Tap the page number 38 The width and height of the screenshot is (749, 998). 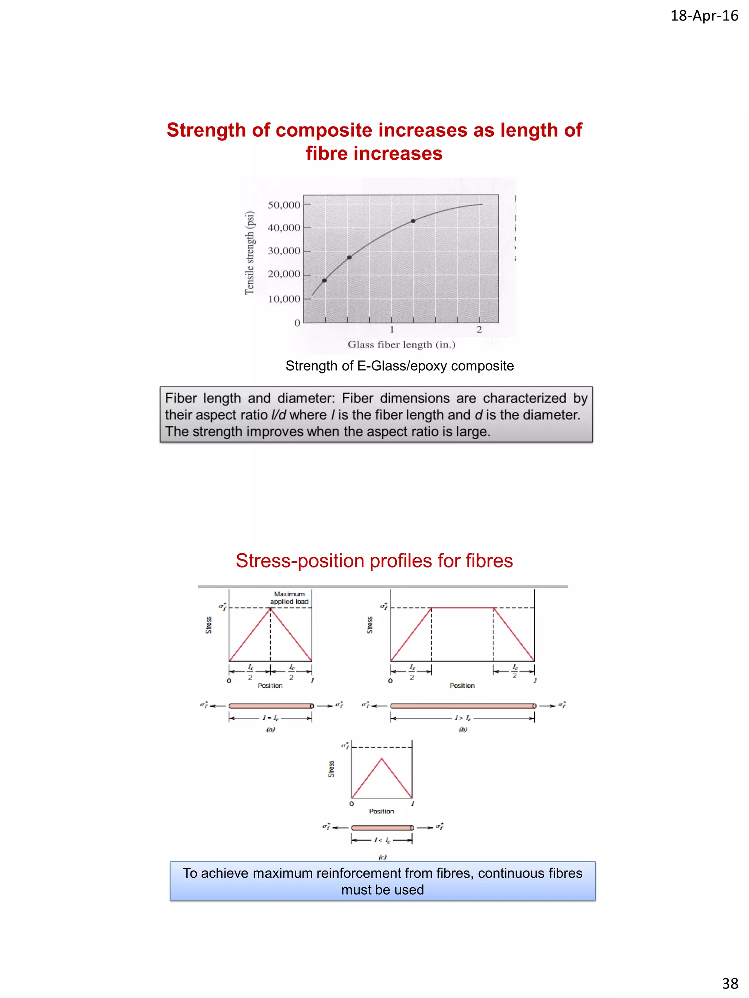(730, 983)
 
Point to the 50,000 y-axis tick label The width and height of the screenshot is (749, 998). (283, 205)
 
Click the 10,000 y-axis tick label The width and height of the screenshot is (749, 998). (283, 299)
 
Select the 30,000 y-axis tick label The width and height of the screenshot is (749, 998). (283, 251)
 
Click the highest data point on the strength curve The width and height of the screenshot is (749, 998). (413, 221)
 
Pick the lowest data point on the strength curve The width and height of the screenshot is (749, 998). (324, 281)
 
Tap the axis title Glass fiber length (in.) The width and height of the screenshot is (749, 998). (401, 345)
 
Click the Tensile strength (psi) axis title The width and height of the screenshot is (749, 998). (250, 253)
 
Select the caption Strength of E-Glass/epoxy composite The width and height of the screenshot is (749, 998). (400, 366)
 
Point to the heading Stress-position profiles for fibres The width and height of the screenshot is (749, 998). (374, 561)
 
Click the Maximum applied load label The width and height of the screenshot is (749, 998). (289, 598)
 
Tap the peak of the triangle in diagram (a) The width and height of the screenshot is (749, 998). (270, 608)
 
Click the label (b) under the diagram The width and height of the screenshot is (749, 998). (463, 729)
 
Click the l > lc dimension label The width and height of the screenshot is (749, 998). (462, 718)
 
